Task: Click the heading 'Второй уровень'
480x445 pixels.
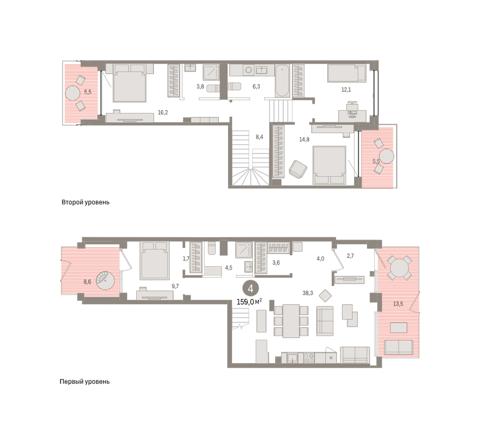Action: click(x=85, y=202)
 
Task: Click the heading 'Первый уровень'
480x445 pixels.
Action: click(x=84, y=382)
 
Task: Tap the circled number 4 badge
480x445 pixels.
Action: click(x=251, y=289)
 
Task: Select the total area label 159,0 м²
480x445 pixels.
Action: click(x=249, y=302)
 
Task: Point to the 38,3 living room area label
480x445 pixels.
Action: click(x=308, y=293)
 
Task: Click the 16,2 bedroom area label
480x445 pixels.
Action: click(x=163, y=112)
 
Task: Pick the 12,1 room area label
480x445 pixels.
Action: click(x=346, y=90)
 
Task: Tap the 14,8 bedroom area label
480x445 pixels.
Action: click(x=304, y=140)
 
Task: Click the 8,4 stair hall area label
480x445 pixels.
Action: click(x=259, y=137)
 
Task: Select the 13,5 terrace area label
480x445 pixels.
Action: click(x=398, y=304)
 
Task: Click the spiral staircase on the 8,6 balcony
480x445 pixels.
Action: click(x=105, y=281)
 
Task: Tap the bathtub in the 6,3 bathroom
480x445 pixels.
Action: click(x=282, y=80)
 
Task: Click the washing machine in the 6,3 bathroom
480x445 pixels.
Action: click(x=248, y=70)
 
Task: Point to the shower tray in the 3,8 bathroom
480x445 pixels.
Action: click(x=211, y=72)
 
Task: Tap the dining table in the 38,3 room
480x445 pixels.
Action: click(x=291, y=321)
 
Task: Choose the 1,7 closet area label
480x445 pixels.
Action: click(x=186, y=259)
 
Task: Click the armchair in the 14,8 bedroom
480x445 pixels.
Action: click(x=298, y=169)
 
